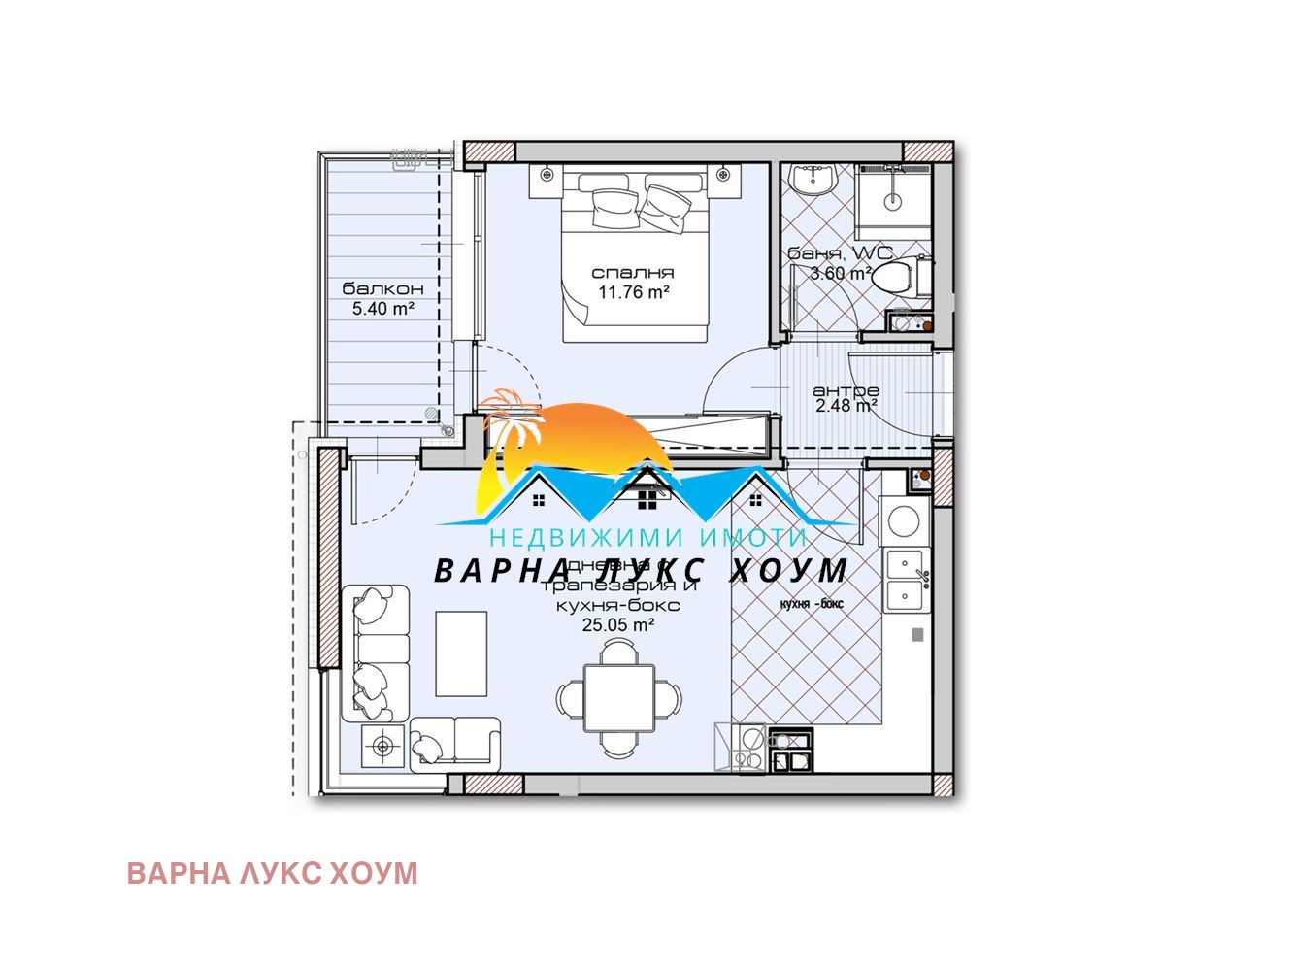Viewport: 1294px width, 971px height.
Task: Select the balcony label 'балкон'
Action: tap(382, 289)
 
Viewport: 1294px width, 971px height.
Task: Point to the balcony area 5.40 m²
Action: tap(382, 309)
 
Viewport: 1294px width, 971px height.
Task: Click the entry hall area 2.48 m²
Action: tap(846, 406)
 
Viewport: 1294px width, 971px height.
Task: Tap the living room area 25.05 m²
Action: tap(616, 625)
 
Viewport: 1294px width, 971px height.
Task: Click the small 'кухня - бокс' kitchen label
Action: tap(812, 603)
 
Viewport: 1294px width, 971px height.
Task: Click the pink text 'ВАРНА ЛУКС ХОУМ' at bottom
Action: tap(272, 873)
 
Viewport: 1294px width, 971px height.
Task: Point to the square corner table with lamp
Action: tap(383, 746)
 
